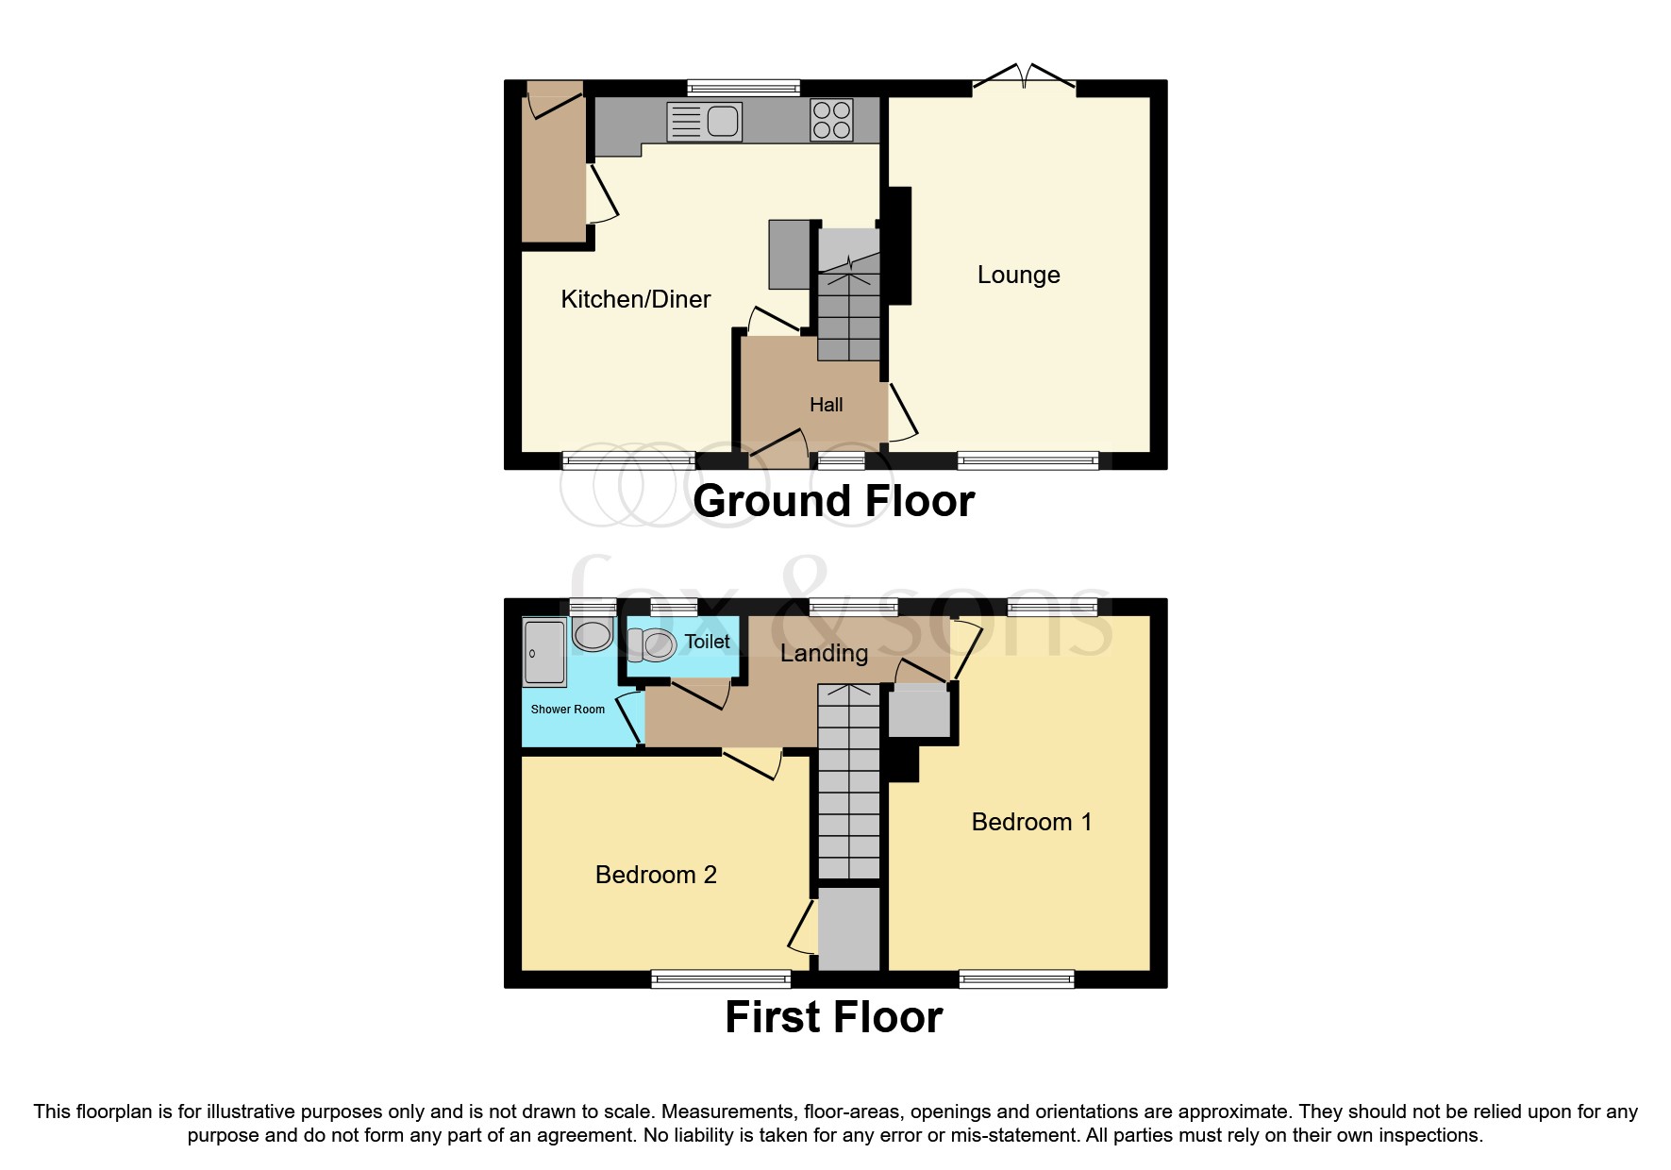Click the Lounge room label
(1018, 275)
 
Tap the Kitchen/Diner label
(635, 299)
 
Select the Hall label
(826, 405)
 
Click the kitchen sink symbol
(705, 122)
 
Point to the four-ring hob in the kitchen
(831, 121)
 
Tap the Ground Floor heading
(833, 501)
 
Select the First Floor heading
(833, 1017)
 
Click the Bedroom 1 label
(1031, 822)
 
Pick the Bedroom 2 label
(656, 875)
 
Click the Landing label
(824, 653)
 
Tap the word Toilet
(707, 642)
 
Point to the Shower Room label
(567, 710)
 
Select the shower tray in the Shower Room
(544, 652)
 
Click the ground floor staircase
(848, 302)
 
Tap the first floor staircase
(848, 783)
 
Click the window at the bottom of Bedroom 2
(721, 979)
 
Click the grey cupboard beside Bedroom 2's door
(848, 928)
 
